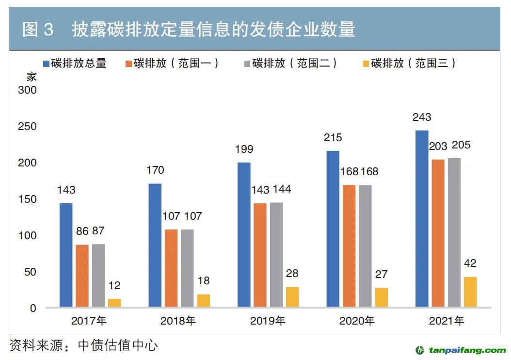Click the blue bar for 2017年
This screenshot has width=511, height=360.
[66, 255]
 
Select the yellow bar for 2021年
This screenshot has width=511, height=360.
[470, 292]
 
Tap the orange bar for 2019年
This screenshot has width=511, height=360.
[260, 255]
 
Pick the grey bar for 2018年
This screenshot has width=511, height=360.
[187, 268]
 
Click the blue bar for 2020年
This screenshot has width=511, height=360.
[333, 229]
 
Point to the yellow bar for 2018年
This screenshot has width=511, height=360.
[204, 300]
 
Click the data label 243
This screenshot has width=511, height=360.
[422, 117]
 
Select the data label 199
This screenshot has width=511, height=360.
[244, 149]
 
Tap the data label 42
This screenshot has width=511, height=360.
[470, 263]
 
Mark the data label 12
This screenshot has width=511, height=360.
[114, 286]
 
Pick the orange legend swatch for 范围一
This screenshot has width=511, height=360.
[128, 64]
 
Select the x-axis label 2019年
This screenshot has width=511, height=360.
[268, 321]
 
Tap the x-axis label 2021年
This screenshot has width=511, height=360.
[446, 321]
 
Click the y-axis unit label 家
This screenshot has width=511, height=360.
[32, 77]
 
